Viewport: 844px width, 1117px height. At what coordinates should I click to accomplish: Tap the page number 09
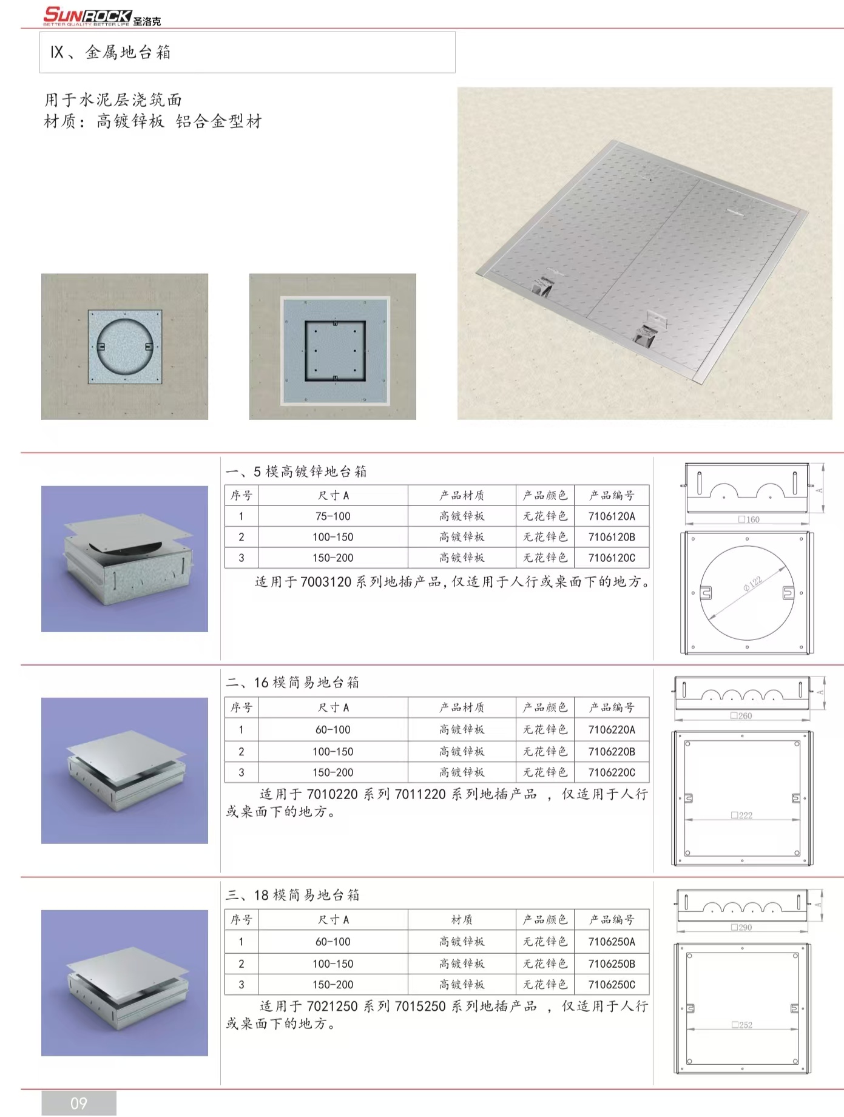click(79, 1103)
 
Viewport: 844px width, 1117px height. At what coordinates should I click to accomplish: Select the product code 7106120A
click(612, 516)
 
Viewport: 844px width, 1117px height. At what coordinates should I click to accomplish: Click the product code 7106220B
click(612, 751)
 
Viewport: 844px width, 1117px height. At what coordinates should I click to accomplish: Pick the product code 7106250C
click(612, 984)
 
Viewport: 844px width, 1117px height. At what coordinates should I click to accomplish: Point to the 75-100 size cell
click(333, 516)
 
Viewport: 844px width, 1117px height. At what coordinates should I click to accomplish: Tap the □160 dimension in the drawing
click(749, 519)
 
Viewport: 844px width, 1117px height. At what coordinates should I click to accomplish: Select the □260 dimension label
click(741, 716)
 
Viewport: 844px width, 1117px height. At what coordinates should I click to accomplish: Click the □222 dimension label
click(741, 815)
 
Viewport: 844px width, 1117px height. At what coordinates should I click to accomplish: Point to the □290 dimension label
click(741, 928)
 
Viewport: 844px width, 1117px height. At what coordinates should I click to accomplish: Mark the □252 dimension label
click(741, 1025)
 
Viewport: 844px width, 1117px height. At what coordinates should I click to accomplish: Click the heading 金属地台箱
click(128, 53)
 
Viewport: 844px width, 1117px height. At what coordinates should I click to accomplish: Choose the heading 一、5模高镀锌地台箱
click(296, 471)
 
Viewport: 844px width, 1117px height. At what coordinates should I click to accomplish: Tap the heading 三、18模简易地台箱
click(292, 895)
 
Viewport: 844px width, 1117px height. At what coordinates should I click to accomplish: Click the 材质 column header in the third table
click(462, 920)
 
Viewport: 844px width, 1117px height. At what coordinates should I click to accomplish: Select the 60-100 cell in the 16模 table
click(333, 729)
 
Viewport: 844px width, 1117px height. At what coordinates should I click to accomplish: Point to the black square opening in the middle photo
click(335, 351)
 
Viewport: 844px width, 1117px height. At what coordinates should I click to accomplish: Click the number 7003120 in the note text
click(326, 582)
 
